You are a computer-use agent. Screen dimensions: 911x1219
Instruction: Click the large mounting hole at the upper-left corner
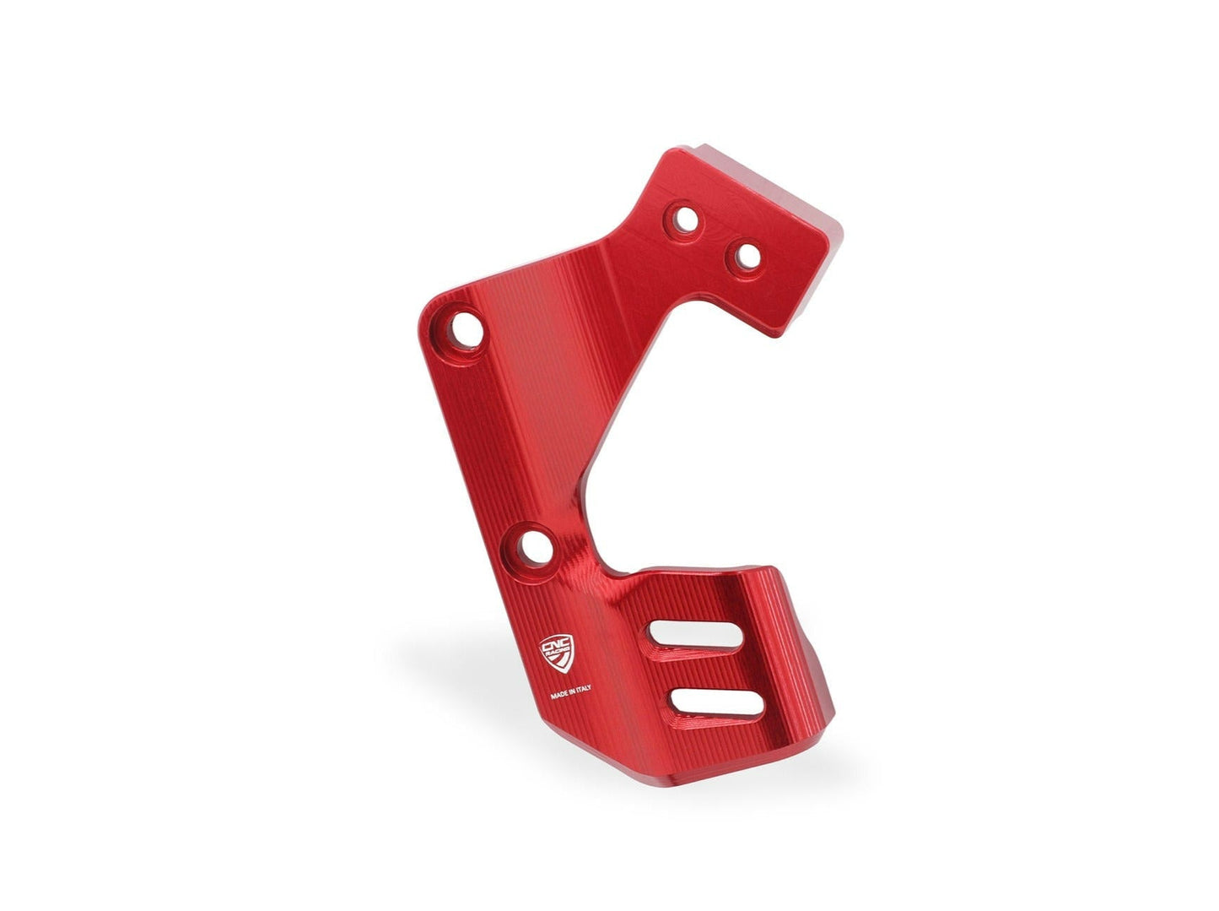[465, 328]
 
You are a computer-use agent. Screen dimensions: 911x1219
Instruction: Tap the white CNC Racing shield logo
[558, 653]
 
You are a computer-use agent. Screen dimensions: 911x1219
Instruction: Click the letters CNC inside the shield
[555, 645]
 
